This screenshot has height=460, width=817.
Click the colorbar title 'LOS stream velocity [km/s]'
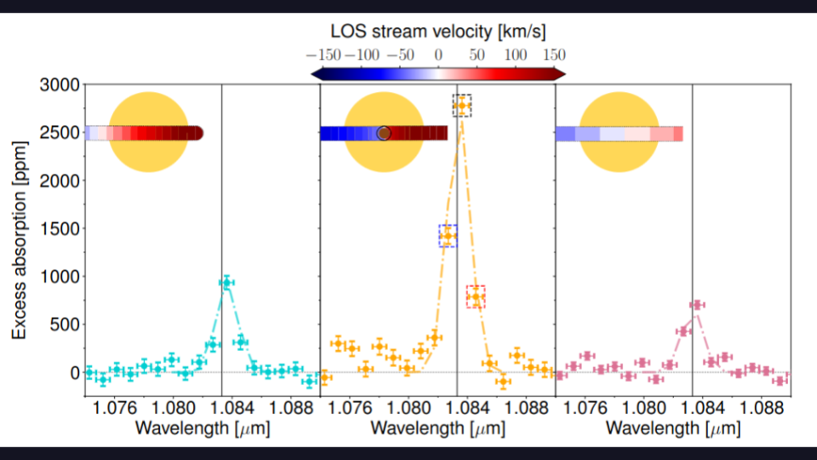coord(438,32)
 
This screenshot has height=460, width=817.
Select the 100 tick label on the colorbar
coord(516,54)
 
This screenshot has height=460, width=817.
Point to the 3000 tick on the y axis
coord(60,85)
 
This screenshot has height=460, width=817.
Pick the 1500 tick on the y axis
coord(60,229)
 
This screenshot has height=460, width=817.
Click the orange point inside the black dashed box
coord(461,106)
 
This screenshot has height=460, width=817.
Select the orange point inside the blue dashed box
coord(448,236)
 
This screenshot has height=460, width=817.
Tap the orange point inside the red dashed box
coord(476,296)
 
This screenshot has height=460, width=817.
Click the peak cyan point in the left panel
coord(226,283)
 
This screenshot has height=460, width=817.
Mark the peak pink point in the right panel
coord(697,305)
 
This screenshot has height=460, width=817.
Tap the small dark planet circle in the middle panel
coord(384,133)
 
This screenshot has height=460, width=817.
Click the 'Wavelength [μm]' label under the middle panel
coord(437,428)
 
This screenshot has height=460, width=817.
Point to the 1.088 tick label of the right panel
coord(762,406)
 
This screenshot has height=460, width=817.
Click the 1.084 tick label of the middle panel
coord(468,406)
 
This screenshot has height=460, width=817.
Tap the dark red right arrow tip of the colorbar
coord(562,74)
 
